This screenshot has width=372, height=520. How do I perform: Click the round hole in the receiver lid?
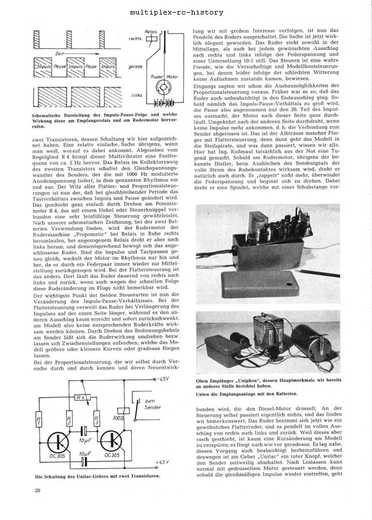pos(291,285)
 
